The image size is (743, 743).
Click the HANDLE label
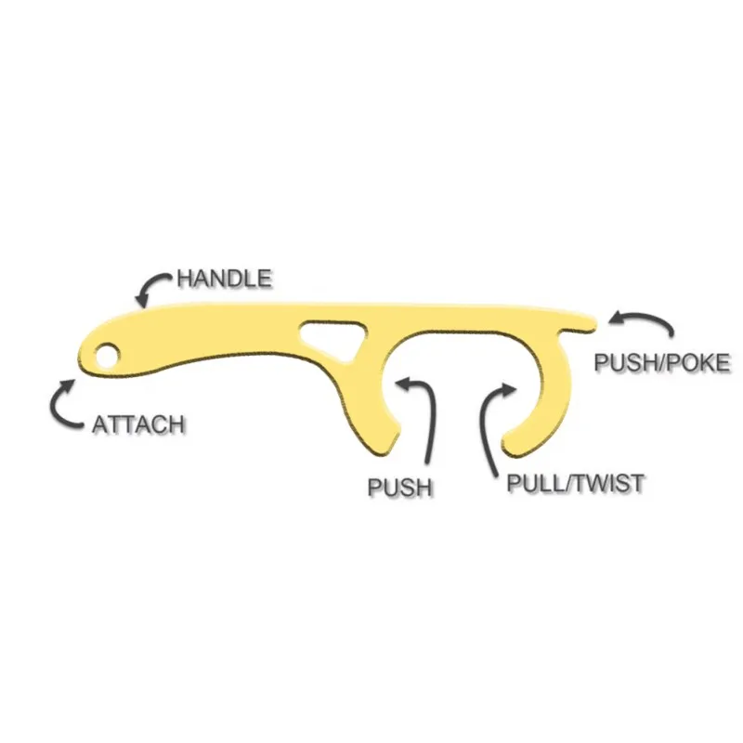point(225,278)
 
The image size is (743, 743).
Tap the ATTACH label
point(138,424)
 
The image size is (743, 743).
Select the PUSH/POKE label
point(662,362)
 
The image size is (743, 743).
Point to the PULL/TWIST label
point(576,483)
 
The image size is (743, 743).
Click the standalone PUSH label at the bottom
point(400,486)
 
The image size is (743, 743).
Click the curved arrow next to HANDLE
point(152,288)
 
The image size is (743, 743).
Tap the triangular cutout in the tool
point(331,336)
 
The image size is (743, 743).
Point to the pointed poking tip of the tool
point(589,321)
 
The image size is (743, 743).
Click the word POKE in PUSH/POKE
point(698,362)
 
